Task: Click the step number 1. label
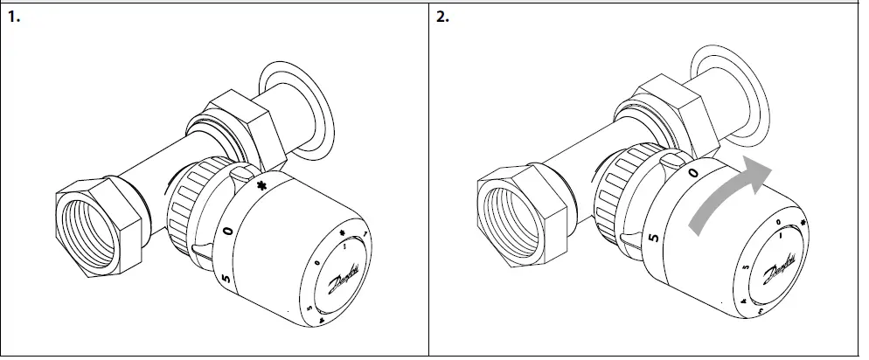click(15, 17)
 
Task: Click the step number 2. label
click(444, 17)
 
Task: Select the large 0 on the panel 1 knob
click(227, 231)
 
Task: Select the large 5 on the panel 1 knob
click(226, 279)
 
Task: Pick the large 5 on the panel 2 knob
click(652, 237)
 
